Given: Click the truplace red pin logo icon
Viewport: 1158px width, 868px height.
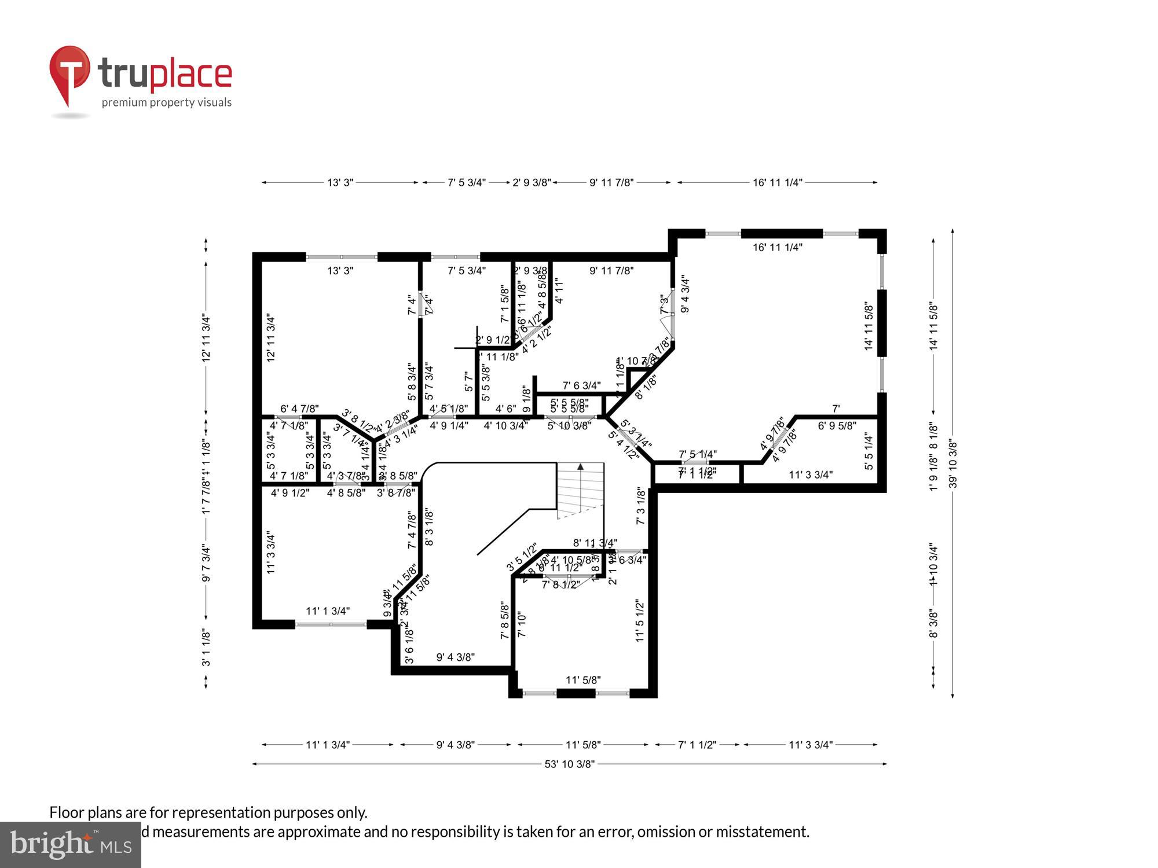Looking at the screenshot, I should [69, 72].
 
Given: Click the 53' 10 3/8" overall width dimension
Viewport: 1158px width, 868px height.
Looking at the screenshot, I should [569, 764].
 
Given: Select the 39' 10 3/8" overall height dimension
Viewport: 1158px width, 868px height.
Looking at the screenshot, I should [953, 464].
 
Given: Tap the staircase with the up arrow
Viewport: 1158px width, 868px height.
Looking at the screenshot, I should [580, 490].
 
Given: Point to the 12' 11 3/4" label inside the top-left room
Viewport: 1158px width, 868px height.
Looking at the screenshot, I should [270, 338].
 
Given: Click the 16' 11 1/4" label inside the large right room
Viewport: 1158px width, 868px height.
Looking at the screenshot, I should [777, 247].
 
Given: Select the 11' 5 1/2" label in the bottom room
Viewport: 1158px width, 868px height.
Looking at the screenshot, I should [640, 620].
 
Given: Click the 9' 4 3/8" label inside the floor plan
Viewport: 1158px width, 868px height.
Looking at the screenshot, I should [455, 657].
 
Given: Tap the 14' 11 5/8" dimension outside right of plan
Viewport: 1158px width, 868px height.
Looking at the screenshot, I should [933, 325].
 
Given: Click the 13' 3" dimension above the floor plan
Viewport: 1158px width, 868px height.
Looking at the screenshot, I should [340, 182].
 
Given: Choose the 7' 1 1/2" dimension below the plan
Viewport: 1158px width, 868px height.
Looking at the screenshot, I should [697, 745].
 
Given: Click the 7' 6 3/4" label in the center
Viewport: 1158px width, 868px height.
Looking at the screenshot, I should [581, 385].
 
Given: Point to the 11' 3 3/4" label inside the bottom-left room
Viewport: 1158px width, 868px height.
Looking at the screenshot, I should [270, 553].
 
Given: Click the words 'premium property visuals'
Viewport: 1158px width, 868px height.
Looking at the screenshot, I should [167, 102].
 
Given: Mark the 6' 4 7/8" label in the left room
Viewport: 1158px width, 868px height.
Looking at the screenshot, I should [299, 409].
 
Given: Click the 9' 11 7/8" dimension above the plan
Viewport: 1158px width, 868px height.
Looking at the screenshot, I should [611, 182].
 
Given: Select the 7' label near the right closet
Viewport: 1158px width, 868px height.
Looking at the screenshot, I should [835, 409].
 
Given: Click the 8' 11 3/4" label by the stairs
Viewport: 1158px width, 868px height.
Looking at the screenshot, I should [595, 543].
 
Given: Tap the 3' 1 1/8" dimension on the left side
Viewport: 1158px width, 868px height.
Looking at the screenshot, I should [206, 648].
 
